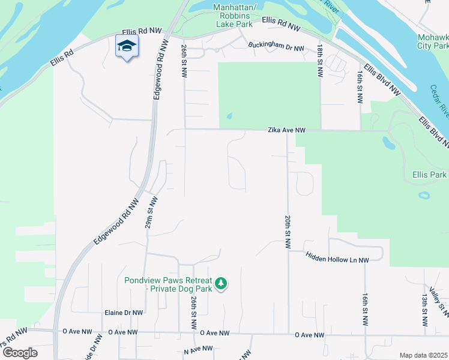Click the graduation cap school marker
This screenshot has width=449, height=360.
point(127,47)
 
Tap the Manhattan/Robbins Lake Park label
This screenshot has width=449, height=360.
point(239,16)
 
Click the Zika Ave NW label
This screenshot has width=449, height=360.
point(287,130)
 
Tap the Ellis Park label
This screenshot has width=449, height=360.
point(429,175)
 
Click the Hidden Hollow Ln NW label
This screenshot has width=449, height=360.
point(337,256)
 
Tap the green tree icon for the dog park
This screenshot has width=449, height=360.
point(221,283)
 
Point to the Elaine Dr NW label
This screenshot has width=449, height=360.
point(124,313)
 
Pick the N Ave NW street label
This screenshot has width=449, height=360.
point(199,349)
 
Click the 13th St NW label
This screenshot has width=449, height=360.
point(424,310)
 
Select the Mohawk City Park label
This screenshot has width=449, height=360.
point(433,41)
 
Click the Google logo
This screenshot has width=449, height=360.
point(19,352)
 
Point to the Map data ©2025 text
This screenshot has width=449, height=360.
point(423,355)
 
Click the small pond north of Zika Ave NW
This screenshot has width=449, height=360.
point(229,116)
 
